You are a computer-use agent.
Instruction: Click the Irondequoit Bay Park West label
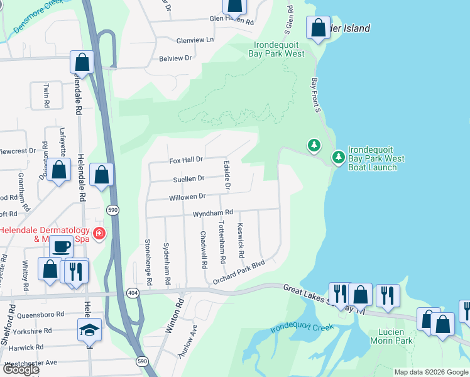pyautogui.click(x=279, y=50)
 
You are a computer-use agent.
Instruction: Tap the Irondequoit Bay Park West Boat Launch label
pyautogui.click(x=373, y=159)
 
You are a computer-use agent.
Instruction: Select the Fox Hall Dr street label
pyautogui.click(x=187, y=160)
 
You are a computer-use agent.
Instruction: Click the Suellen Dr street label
pyautogui.click(x=189, y=178)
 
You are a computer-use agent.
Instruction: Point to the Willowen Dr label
pyautogui.click(x=187, y=197)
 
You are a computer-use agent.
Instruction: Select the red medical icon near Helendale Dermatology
pyautogui.click(x=99, y=234)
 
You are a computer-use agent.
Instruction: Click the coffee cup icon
pyautogui.click(x=61, y=247)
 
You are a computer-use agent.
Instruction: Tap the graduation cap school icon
pyautogui.click(x=90, y=329)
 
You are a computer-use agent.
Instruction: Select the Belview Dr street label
pyautogui.click(x=175, y=58)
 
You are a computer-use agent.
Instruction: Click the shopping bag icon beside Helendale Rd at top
pyautogui.click(x=82, y=62)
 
